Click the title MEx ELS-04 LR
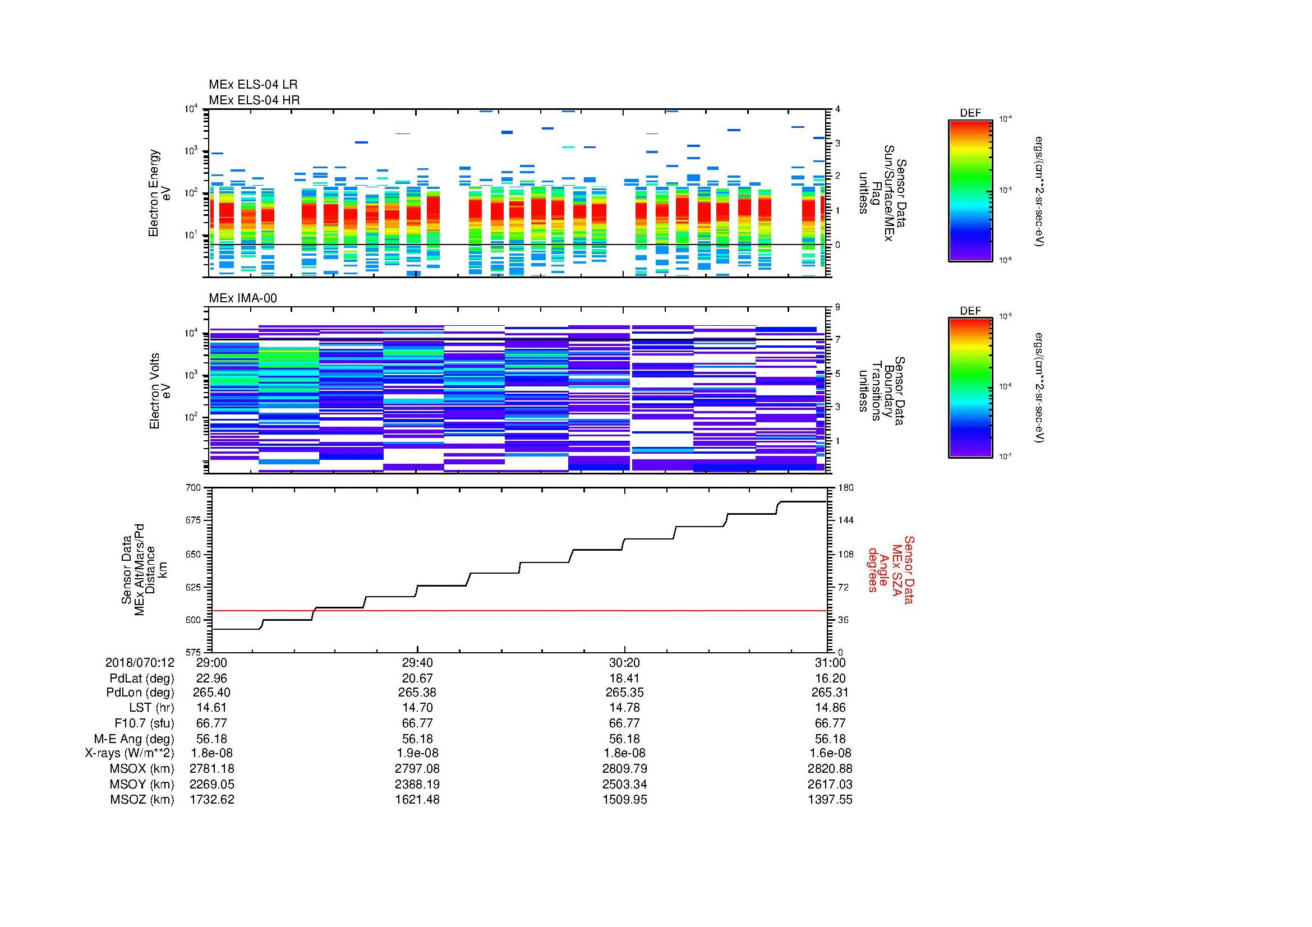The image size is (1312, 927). [252, 85]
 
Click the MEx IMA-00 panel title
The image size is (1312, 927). [242, 298]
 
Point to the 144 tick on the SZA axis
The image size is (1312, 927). [845, 520]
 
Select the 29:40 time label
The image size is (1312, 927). [417, 663]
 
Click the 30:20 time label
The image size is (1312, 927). [624, 663]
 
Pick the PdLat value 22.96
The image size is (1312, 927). [211, 679]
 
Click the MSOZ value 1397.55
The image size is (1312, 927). [830, 800]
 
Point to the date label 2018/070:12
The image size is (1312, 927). [140, 663]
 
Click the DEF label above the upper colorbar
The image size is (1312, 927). [970, 113]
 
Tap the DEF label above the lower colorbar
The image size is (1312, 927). [970, 311]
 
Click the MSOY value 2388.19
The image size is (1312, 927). [417, 784]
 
